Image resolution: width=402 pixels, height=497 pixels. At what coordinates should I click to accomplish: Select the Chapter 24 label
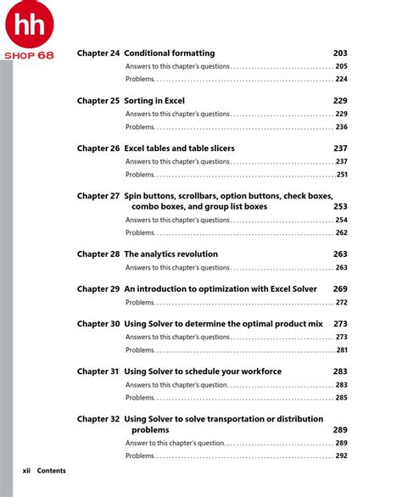pyautogui.click(x=98, y=53)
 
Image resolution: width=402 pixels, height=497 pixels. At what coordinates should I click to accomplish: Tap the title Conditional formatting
pyautogui.click(x=170, y=53)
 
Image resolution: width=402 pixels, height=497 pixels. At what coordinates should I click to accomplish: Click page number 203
pyautogui.click(x=340, y=53)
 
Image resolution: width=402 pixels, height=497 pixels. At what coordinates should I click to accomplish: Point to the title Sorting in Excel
pyautogui.click(x=154, y=101)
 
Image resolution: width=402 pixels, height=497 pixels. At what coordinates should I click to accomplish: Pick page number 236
pyautogui.click(x=341, y=127)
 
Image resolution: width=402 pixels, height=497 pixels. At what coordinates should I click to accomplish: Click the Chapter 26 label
pyautogui.click(x=98, y=148)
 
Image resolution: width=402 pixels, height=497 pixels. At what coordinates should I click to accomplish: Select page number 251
pyautogui.click(x=342, y=175)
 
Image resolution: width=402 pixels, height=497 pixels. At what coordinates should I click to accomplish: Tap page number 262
pyautogui.click(x=341, y=232)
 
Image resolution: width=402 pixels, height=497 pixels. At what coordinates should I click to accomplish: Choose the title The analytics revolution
pyautogui.click(x=171, y=254)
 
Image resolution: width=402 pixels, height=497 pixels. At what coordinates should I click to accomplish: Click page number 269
pyautogui.click(x=340, y=289)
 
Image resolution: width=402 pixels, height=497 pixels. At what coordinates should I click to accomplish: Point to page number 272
pyautogui.click(x=341, y=302)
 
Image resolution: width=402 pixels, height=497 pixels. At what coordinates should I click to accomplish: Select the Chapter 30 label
pyautogui.click(x=98, y=324)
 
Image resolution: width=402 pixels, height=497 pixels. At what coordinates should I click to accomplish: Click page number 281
pyautogui.click(x=342, y=350)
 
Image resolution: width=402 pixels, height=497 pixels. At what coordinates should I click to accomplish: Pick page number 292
pyautogui.click(x=341, y=455)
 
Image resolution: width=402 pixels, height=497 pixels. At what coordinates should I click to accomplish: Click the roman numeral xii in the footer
pyautogui.click(x=27, y=471)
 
